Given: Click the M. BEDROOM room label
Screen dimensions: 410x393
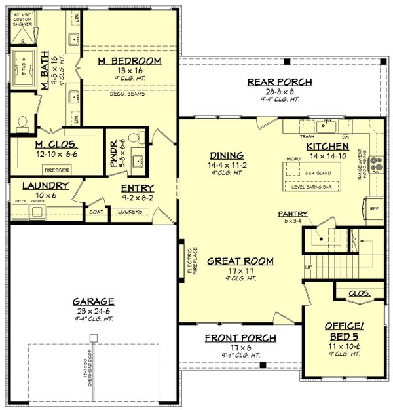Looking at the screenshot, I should coord(130,61).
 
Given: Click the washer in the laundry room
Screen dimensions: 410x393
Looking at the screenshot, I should coord(35,212).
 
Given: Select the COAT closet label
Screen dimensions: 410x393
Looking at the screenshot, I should coord(96,212).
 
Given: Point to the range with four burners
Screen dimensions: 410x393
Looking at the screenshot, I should coord(376,165).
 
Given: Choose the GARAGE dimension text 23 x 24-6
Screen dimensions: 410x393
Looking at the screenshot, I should coord(93,312).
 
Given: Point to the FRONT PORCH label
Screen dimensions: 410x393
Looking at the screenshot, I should coord(240,337).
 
